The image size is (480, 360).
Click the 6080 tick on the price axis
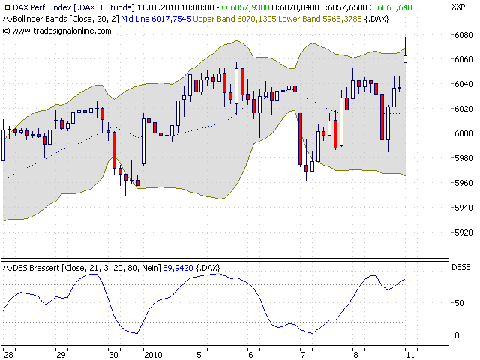click(x=463, y=34)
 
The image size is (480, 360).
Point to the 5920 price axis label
click(x=463, y=232)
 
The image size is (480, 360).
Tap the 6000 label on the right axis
click(x=463, y=133)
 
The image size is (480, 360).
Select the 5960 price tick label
click(x=463, y=183)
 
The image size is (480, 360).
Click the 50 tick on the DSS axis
click(x=459, y=302)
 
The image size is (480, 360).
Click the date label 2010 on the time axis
click(x=153, y=352)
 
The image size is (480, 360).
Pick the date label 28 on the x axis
click(x=9, y=352)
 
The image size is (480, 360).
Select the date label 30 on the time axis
click(x=113, y=352)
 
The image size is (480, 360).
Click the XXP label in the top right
click(x=458, y=7)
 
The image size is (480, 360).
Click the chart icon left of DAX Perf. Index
click(x=6, y=7)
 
